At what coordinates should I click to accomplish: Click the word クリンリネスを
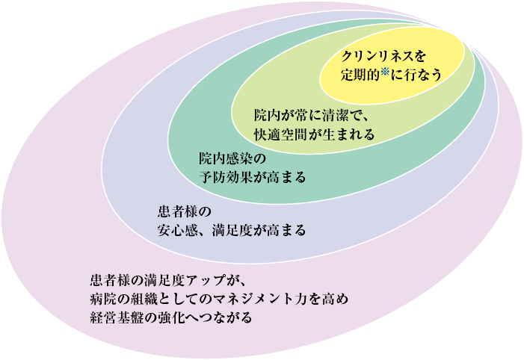[383, 57]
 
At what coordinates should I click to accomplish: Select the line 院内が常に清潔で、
[312, 117]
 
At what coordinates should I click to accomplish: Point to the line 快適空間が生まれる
[313, 135]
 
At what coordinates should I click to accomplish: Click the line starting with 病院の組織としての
[218, 300]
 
